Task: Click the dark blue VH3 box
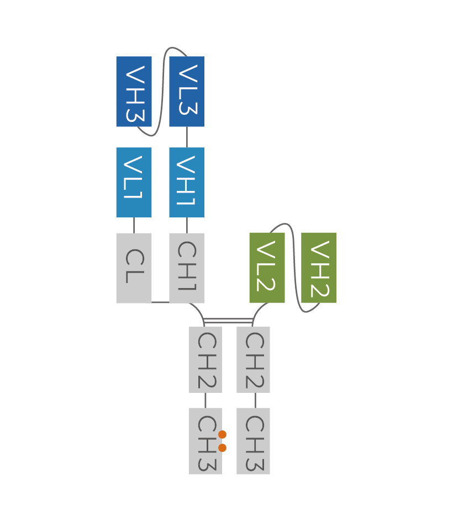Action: [134, 92]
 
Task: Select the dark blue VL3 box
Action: [187, 92]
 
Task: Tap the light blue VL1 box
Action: [134, 182]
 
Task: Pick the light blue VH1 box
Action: [187, 182]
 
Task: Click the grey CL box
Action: [134, 268]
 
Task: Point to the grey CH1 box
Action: [187, 268]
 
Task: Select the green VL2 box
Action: [267, 268]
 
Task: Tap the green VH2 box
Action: [319, 268]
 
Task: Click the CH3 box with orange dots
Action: [205, 441]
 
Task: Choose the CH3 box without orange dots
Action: [253, 441]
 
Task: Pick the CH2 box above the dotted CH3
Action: [205, 360]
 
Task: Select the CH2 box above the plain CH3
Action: [253, 360]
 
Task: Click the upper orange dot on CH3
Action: [223, 434]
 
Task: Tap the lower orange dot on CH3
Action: [223, 448]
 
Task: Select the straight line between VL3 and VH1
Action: [187, 137]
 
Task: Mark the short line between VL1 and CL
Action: [134, 225]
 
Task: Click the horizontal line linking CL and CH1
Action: [160, 302]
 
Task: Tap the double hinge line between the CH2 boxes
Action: [228, 320]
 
